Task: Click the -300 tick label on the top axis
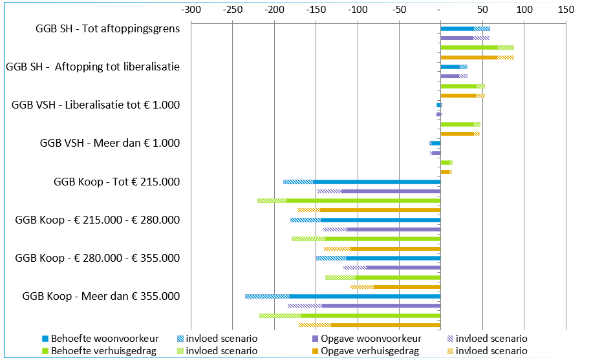point(191,11)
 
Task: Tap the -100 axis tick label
point(357,11)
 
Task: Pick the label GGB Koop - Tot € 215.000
point(116,182)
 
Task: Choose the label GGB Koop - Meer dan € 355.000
point(101,297)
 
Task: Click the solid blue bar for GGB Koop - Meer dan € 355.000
point(365,296)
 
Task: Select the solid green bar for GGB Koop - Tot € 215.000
point(363,200)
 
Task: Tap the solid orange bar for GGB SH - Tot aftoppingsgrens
point(469,58)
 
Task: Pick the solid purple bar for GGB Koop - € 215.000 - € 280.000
point(394,229)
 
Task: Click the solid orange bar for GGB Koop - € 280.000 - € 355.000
point(407,286)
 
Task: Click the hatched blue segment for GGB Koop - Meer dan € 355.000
point(267,296)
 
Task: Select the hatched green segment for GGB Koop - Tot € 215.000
point(272,200)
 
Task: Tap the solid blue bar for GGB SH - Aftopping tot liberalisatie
point(450,67)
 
